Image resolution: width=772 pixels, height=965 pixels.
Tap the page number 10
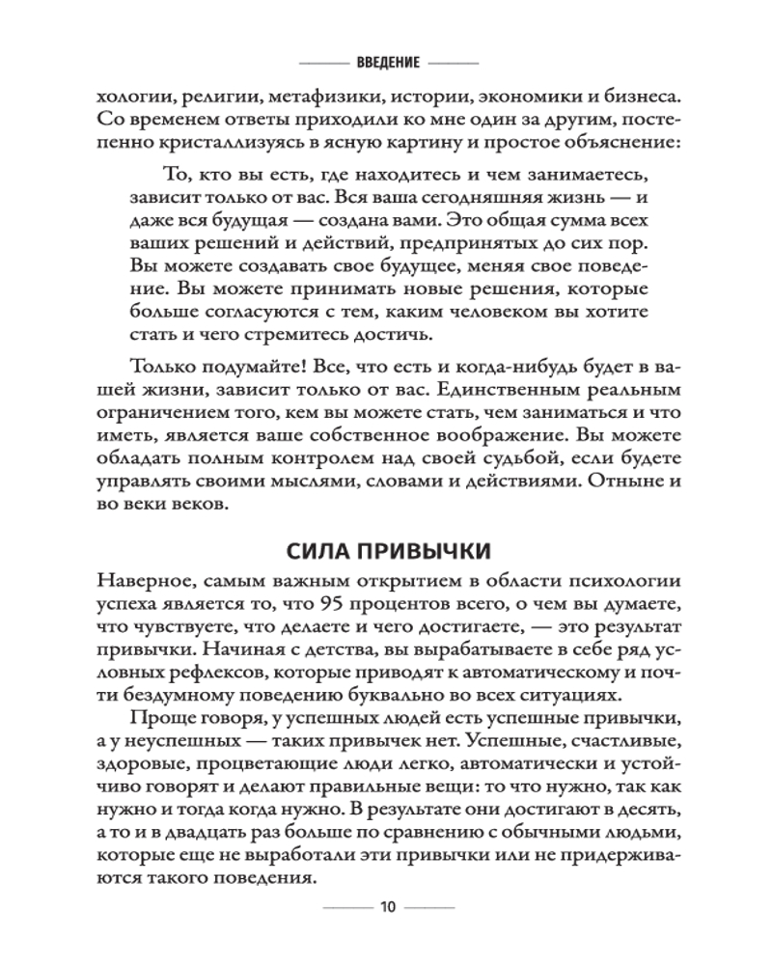[x=387, y=907]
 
